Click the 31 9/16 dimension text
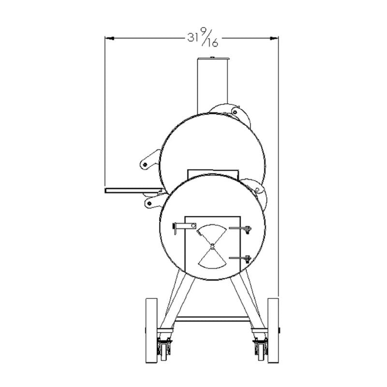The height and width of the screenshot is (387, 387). pyautogui.click(x=203, y=37)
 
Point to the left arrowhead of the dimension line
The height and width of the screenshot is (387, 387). pyautogui.click(x=109, y=39)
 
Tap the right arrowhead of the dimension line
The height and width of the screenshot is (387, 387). pyautogui.click(x=274, y=39)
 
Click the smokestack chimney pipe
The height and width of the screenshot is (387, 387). pyautogui.click(x=212, y=87)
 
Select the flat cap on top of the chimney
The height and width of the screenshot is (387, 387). pyautogui.click(x=213, y=59)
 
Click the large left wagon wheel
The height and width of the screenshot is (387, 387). pyautogui.click(x=151, y=331)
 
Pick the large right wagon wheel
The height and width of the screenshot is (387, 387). pyautogui.click(x=273, y=331)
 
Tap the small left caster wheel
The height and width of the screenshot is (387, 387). pyautogui.click(x=164, y=352)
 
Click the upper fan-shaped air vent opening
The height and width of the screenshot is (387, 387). pyautogui.click(x=212, y=232)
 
